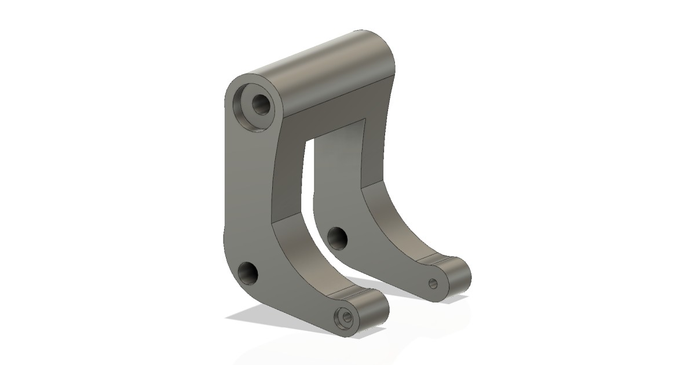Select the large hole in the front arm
pyautogui.click(x=249, y=272)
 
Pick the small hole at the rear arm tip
pyautogui.click(x=433, y=283)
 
